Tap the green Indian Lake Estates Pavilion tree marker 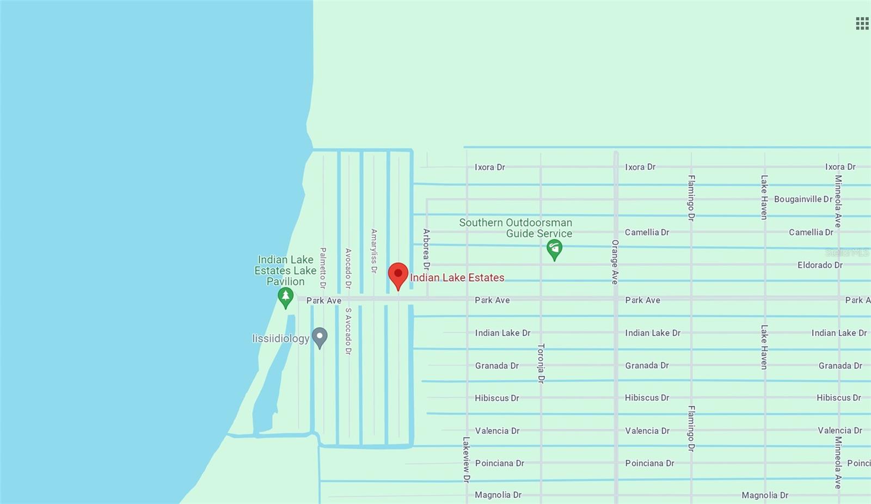pyautogui.click(x=285, y=297)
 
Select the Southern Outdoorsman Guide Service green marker pyautogui.click(x=554, y=249)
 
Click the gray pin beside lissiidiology pyautogui.click(x=320, y=337)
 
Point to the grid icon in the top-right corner pyautogui.click(x=862, y=23)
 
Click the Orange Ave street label pyautogui.click(x=615, y=262)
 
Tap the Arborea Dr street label pyautogui.click(x=426, y=249)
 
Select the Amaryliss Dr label pyautogui.click(x=374, y=251)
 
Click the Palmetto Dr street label pyautogui.click(x=323, y=268)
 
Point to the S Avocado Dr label pyautogui.click(x=348, y=331)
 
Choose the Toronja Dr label pyautogui.click(x=541, y=363)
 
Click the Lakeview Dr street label pyautogui.click(x=467, y=459)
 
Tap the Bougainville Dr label pyautogui.click(x=803, y=199)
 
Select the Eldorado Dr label pyautogui.click(x=820, y=265)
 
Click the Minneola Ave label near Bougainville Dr pyautogui.click(x=838, y=201)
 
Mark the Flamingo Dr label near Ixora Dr pyautogui.click(x=691, y=198)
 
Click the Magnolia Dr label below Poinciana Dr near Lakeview pyautogui.click(x=498, y=495)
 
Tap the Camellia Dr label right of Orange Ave pyautogui.click(x=647, y=232)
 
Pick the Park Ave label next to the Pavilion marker pyautogui.click(x=324, y=300)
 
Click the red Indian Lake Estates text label pyautogui.click(x=457, y=278)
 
